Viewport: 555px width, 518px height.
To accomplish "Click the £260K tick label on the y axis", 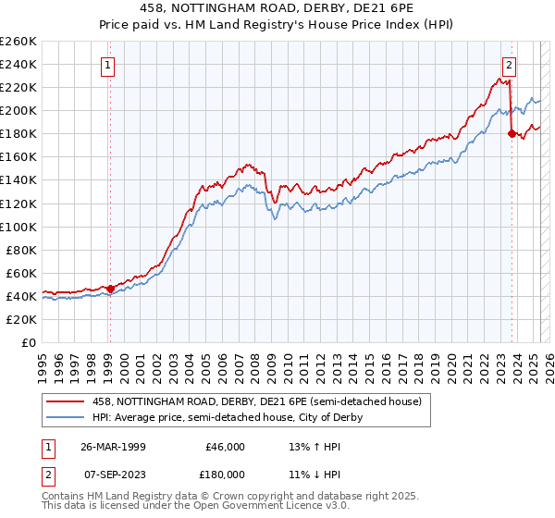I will (x=18, y=41).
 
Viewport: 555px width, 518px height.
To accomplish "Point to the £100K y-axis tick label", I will (x=18, y=227).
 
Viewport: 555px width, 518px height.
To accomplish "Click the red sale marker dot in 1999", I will (x=110, y=289).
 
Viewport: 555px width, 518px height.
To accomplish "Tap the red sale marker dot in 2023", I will (x=512, y=133).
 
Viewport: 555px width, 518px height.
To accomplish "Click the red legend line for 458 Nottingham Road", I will (x=65, y=401).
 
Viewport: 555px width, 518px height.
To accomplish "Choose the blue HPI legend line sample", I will (x=65, y=417).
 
